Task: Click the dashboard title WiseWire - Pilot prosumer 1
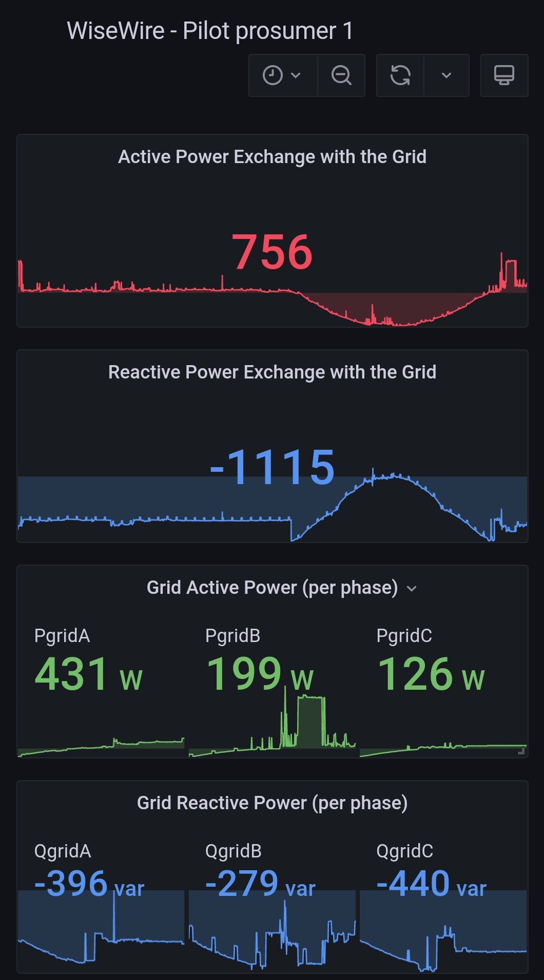click(x=210, y=31)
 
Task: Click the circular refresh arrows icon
click(x=400, y=75)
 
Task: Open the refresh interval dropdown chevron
click(x=446, y=75)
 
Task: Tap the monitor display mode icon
click(x=504, y=75)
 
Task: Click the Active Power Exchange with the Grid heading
click(x=272, y=157)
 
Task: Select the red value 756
click(x=272, y=252)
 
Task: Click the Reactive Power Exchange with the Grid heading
click(x=272, y=372)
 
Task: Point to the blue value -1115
click(x=272, y=467)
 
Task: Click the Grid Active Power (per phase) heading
click(x=272, y=588)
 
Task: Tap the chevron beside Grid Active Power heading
click(x=412, y=589)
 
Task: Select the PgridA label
click(x=62, y=636)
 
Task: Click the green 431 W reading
click(x=88, y=674)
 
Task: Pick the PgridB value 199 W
click(x=259, y=674)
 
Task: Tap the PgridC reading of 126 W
click(x=431, y=674)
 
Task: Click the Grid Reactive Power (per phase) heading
click(x=272, y=803)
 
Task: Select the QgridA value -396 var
click(x=89, y=884)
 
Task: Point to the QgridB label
click(x=234, y=851)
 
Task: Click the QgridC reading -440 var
click(x=431, y=884)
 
